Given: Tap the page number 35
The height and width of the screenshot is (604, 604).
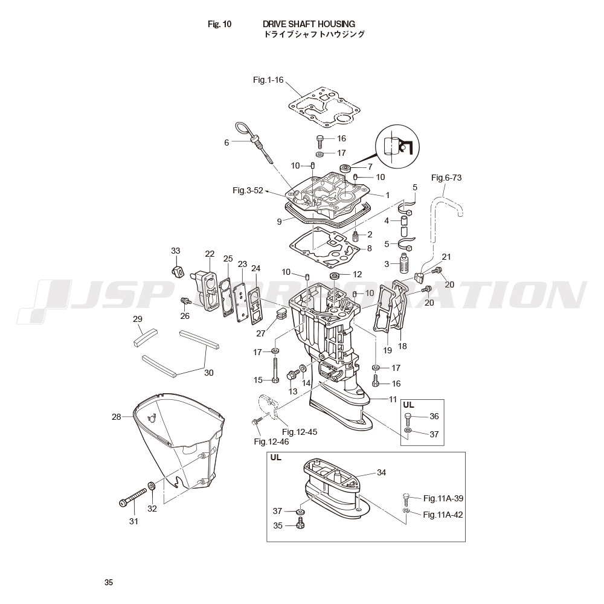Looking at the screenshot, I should [108, 583].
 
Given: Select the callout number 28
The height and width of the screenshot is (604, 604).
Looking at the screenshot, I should [117, 417].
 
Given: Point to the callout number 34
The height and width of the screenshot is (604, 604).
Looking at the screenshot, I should [381, 472].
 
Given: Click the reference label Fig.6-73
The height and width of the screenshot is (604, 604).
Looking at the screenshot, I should [446, 178].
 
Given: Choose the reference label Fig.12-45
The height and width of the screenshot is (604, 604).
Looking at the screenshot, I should [299, 432].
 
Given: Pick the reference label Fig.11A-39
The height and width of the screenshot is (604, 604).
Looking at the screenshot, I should [443, 498].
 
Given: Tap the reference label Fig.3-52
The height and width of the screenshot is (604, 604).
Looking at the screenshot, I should [248, 191].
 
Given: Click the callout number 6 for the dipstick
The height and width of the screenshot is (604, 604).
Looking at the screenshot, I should [226, 143].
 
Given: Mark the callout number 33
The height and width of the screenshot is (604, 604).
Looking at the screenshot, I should [176, 251].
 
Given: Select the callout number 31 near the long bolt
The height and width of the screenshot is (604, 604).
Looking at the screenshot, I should [133, 521].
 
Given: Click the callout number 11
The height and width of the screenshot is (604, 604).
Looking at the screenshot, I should [393, 399].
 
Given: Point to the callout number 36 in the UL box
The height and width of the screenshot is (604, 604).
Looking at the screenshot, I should [434, 416].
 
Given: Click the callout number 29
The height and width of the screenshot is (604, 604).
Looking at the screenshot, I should [138, 319].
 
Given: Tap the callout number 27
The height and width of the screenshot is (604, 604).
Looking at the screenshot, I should [260, 332].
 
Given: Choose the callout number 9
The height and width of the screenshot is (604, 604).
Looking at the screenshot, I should [279, 222].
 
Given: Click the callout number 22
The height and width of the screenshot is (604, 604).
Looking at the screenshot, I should [210, 254].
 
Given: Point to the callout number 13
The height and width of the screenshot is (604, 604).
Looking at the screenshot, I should [293, 391].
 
